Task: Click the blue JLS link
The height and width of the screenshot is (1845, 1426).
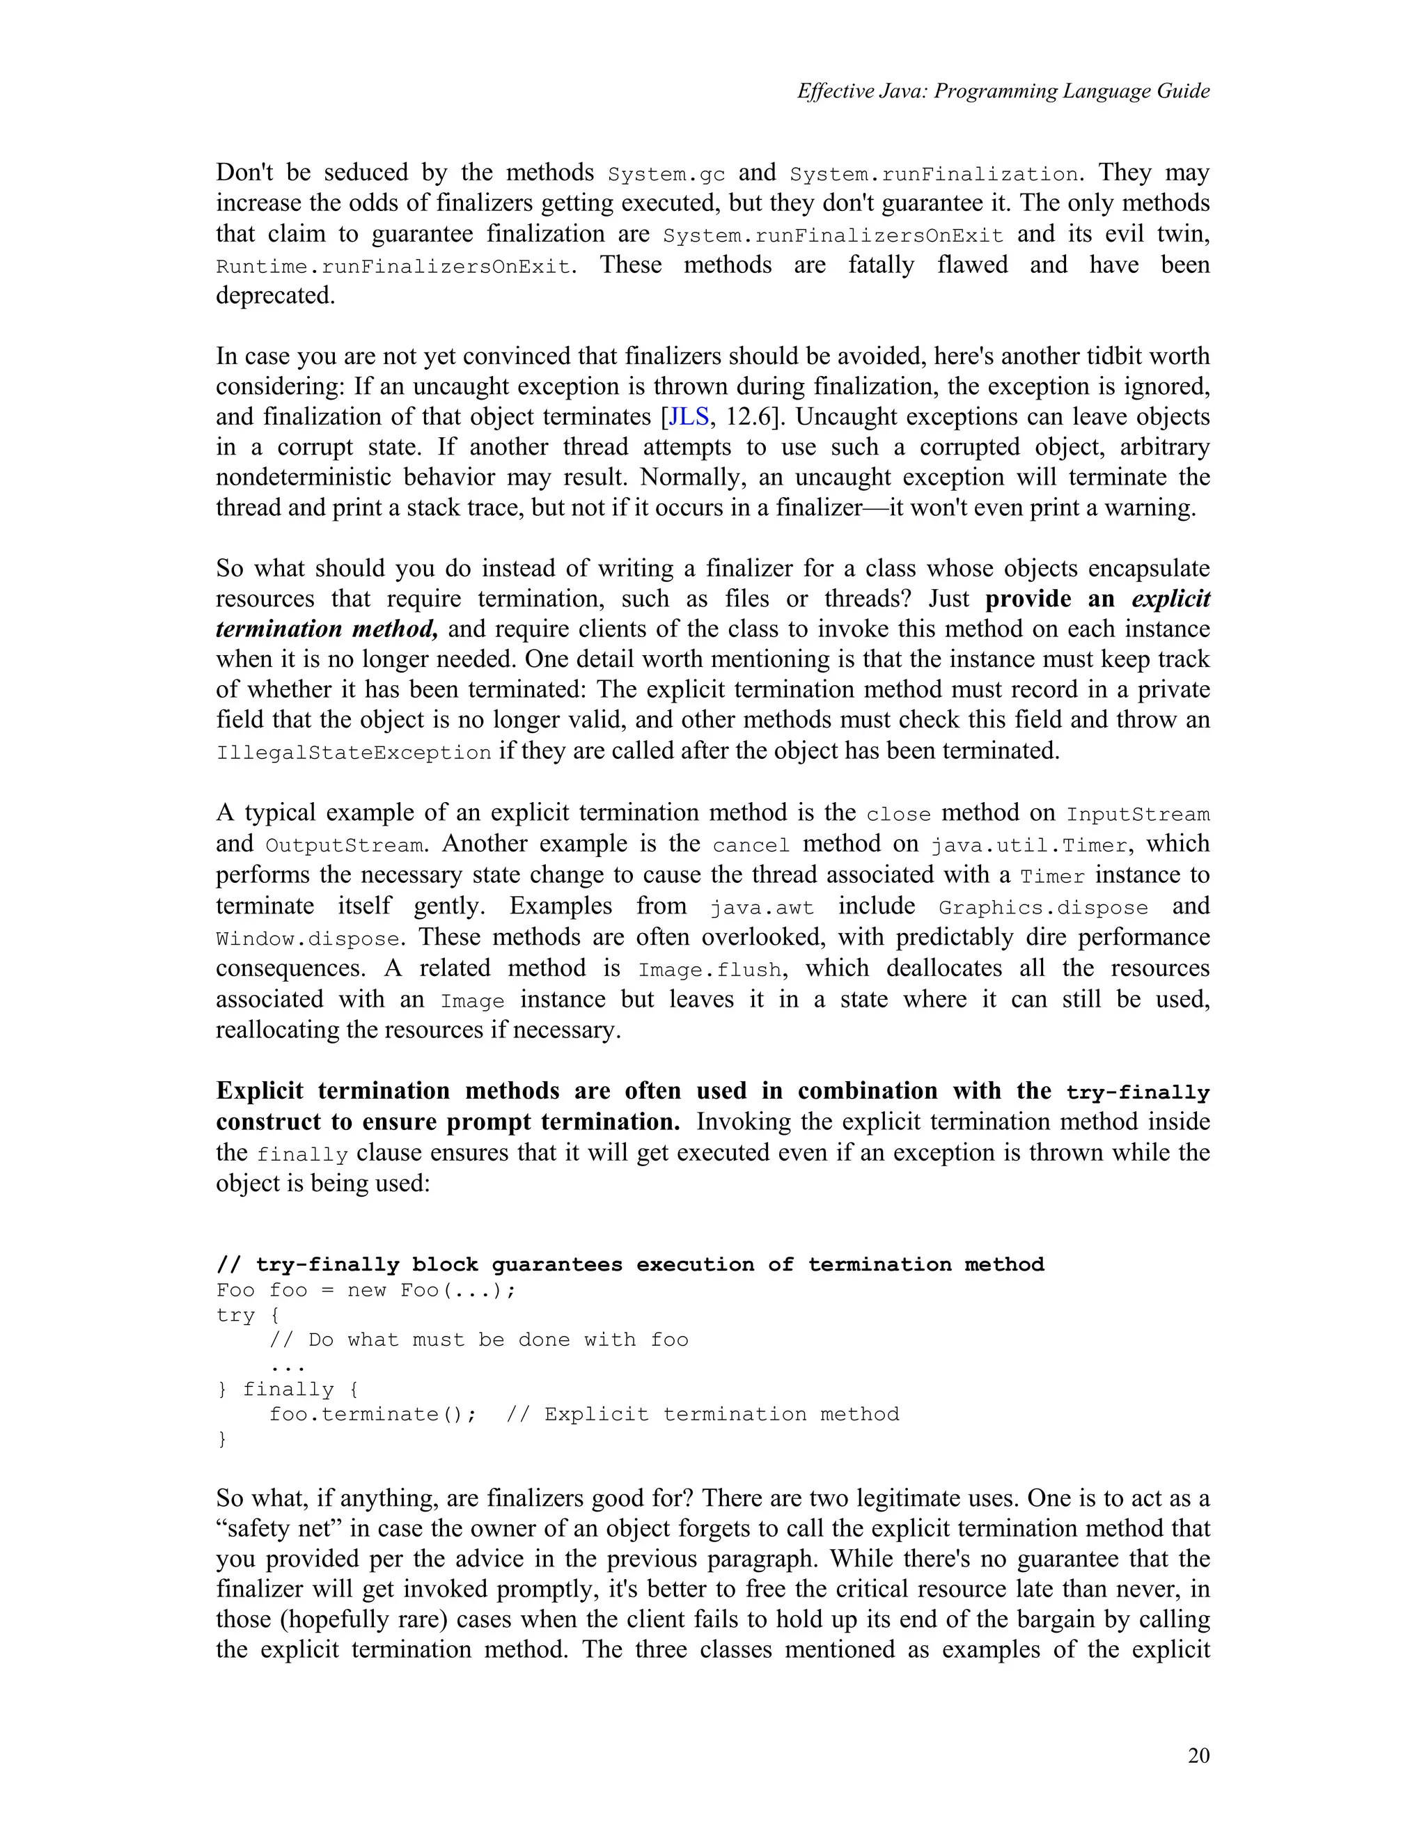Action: tap(689, 416)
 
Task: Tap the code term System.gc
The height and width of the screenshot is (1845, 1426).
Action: tap(666, 174)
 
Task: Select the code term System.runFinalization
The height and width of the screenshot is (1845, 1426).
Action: tap(934, 174)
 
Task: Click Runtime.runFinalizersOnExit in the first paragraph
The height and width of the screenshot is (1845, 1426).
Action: tap(393, 267)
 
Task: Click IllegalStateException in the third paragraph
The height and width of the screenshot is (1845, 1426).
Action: tap(354, 753)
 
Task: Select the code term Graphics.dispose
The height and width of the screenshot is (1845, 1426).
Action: tap(1043, 908)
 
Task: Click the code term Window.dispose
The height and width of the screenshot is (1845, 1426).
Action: tap(308, 939)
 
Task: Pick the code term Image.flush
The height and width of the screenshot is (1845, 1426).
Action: tap(710, 970)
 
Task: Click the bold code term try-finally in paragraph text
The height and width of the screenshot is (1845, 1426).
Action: tap(1137, 1093)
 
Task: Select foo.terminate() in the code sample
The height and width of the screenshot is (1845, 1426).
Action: tap(373, 1414)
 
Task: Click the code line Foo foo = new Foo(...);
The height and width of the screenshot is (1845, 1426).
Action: tap(366, 1290)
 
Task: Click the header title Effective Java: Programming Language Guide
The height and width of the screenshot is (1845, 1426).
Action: tap(1003, 91)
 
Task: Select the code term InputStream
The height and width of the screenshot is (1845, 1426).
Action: tap(1137, 815)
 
